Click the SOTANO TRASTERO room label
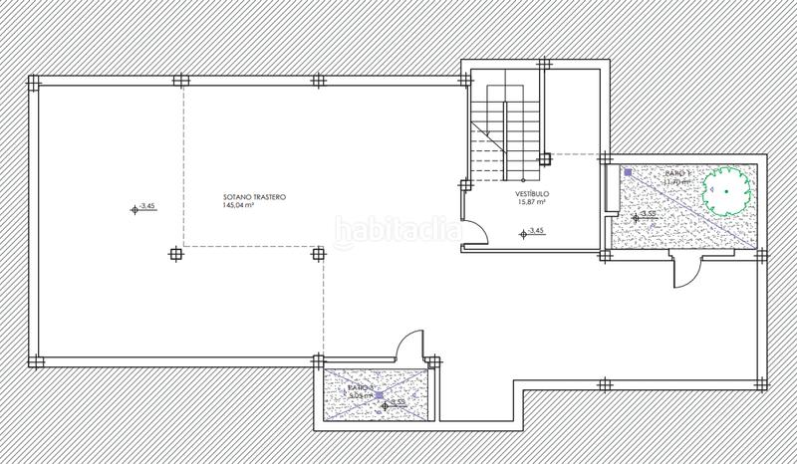click(x=254, y=198)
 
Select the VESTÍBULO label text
click(x=533, y=193)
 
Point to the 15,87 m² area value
click(x=533, y=202)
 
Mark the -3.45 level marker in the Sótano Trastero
click(x=144, y=207)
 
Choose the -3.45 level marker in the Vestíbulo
click(x=533, y=232)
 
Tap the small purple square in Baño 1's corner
click(x=627, y=172)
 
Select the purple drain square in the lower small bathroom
click(x=378, y=394)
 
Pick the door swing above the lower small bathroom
click(x=408, y=346)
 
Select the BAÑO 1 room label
click(x=654, y=173)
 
